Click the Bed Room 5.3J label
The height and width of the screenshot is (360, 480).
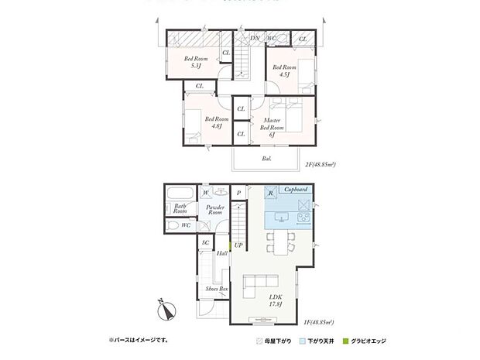click(196, 62)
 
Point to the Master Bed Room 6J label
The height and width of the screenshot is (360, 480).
click(272, 127)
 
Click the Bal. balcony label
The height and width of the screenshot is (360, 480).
click(266, 158)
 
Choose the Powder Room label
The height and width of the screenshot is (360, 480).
click(215, 210)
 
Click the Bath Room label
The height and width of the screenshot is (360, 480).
click(180, 208)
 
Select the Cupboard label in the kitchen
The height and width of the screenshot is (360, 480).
click(297, 190)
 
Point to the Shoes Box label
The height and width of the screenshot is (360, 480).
click(216, 289)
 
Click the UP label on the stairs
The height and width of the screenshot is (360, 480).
click(238, 245)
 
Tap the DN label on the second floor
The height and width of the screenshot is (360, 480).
click(255, 38)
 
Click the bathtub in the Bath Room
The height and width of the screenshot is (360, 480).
click(182, 194)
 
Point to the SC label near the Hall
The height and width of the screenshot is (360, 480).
click(205, 243)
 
